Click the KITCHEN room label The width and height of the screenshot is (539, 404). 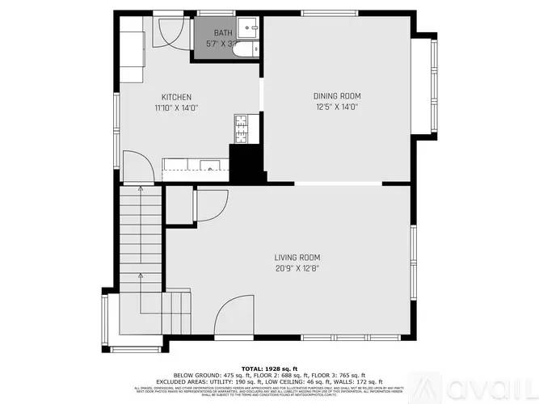pyautogui.click(x=176, y=97)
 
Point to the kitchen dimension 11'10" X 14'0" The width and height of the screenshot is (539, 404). pyautogui.click(x=176, y=107)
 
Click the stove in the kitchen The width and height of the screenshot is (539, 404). pyautogui.click(x=240, y=125)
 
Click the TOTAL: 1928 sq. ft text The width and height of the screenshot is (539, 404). pyautogui.click(x=269, y=368)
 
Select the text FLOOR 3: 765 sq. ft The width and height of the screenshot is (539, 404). pyautogui.click(x=339, y=375)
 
